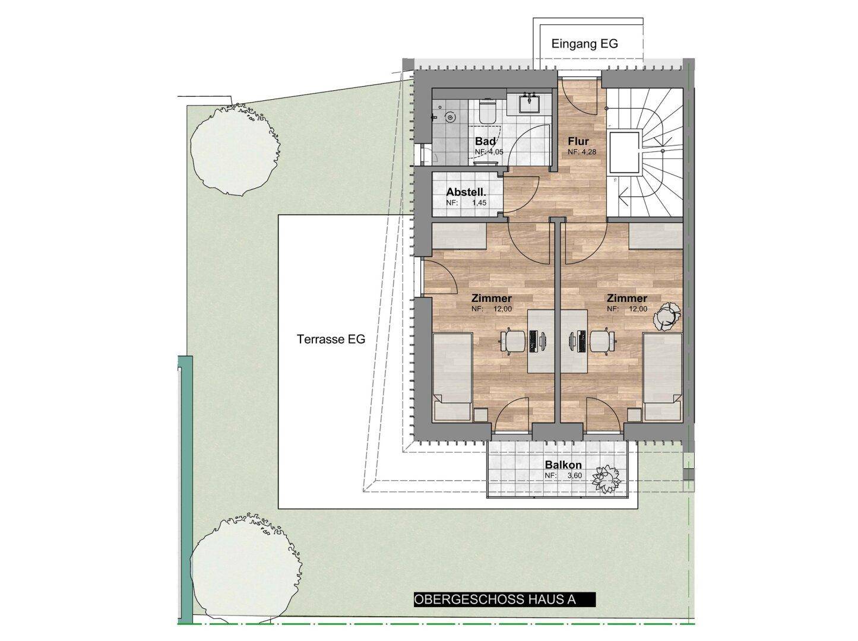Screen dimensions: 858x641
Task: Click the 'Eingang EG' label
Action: pos(584,44)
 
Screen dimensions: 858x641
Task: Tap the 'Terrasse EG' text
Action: pos(331,339)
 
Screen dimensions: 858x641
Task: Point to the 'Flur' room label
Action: pos(578,141)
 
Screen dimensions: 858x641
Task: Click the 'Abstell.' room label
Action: pos(466,192)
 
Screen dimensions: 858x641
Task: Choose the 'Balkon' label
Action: pos(563,465)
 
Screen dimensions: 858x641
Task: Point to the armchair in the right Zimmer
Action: pos(667,315)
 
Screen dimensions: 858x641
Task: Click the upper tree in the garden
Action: pos(235,150)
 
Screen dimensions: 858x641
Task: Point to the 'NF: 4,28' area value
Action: pos(582,152)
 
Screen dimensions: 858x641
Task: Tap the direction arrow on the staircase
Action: pos(624,196)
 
